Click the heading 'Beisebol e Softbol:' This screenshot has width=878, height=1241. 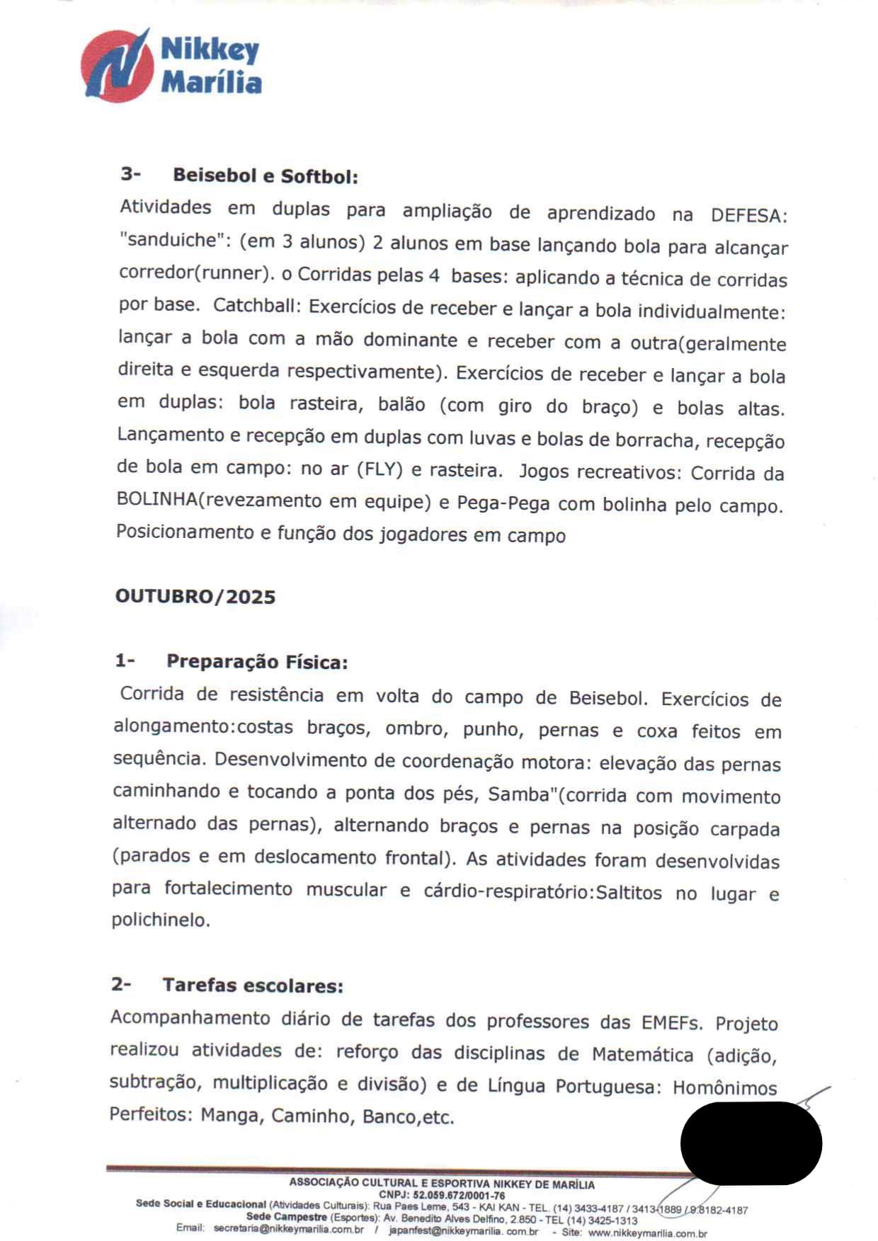point(265,176)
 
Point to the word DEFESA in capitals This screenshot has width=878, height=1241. point(748,215)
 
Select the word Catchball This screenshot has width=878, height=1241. point(258,306)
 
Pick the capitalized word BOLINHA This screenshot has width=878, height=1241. point(156,499)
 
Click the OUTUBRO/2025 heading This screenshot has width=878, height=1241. point(195,597)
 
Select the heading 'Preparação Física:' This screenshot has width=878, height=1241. point(257,662)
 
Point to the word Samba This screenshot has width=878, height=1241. point(519,794)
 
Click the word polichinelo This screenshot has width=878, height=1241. point(161,920)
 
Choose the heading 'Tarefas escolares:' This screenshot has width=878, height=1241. point(253,985)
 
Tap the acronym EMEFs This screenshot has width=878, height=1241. point(671,1023)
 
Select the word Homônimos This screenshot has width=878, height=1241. point(724,1087)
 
